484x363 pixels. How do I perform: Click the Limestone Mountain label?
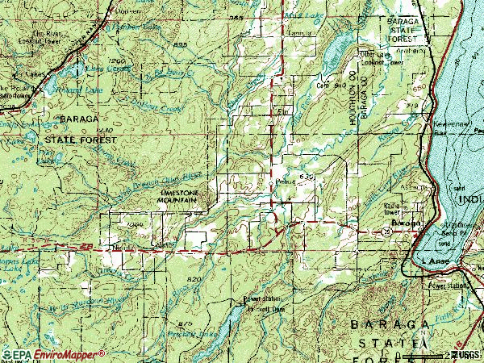[185, 199]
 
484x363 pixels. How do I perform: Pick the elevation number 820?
[192, 279]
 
